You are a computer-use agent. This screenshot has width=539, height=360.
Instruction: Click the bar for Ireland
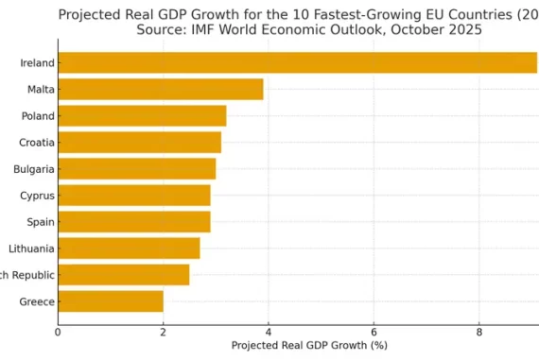coord(297,63)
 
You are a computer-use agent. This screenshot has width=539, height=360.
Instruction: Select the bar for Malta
coord(161,90)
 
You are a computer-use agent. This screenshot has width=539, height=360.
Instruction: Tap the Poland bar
coord(142,116)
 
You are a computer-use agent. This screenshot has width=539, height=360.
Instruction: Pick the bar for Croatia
coord(139,143)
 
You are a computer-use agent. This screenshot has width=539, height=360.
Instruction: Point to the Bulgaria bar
coord(136,169)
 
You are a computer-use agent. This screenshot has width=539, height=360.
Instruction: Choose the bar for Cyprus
coord(133,196)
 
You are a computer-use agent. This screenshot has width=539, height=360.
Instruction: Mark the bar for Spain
coord(133,222)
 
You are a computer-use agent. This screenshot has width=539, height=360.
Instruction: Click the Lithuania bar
coord(129,249)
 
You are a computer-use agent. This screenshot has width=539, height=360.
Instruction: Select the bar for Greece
coord(111,301)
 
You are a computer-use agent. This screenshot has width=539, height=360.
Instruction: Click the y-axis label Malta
coord(41,90)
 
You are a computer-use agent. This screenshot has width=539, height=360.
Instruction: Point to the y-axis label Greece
coord(37,302)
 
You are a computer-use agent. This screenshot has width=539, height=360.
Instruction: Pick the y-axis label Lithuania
coord(31,249)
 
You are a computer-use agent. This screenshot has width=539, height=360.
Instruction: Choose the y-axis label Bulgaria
coord(33,169)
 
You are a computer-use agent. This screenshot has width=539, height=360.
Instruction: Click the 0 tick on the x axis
coord(58,332)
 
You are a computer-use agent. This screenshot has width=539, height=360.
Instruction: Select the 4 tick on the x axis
coord(269,332)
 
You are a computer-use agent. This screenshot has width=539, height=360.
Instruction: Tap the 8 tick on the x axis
coord(479,332)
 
